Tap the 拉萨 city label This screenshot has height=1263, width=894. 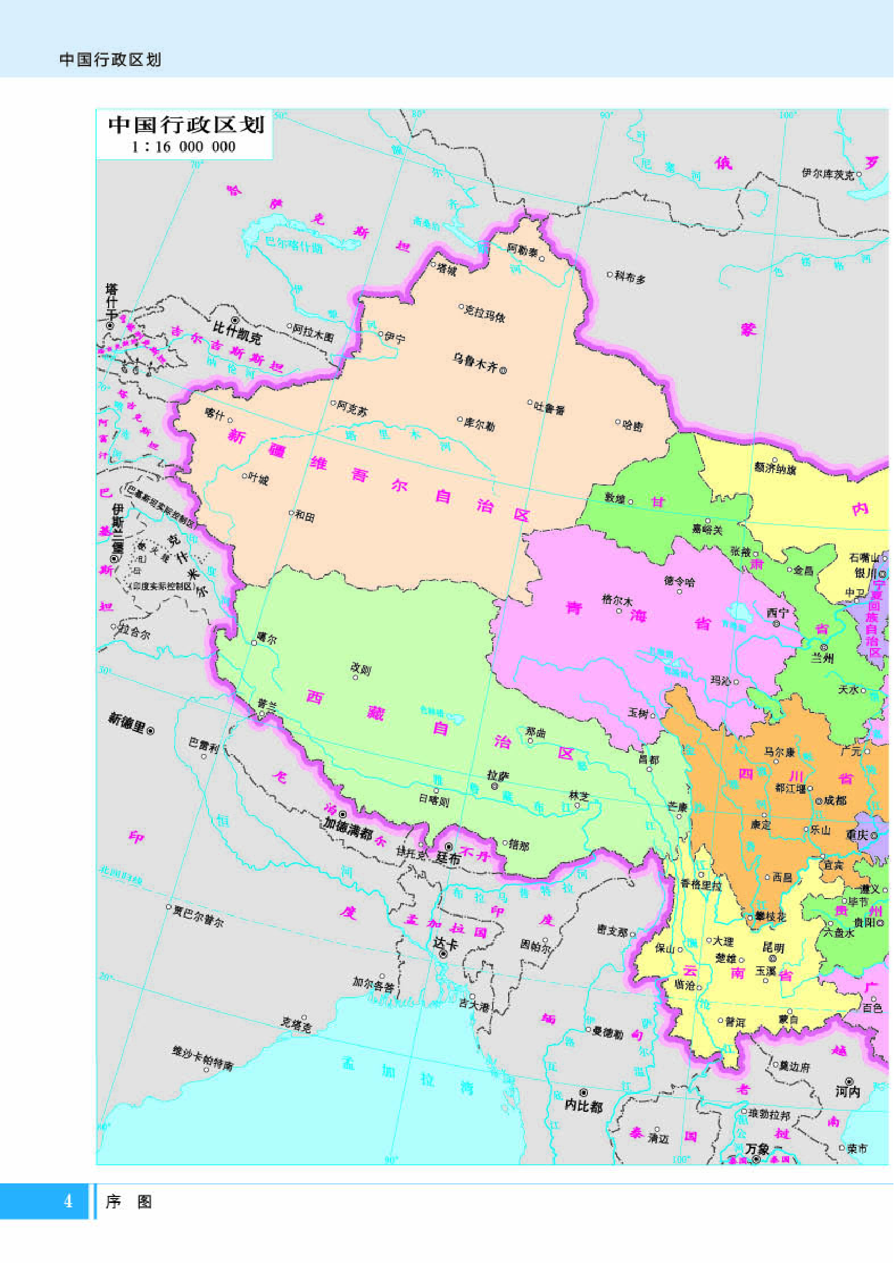[x=498, y=775]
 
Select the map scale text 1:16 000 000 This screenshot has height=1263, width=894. [x=183, y=146]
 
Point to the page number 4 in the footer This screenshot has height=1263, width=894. [x=68, y=1201]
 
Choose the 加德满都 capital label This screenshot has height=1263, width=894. [x=348, y=827]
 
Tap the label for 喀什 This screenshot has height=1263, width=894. [x=214, y=414]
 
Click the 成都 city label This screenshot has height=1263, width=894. [x=835, y=800]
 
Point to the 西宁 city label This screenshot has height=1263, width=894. [x=778, y=613]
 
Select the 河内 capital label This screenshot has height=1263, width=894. [x=848, y=1091]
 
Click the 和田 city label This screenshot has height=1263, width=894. [x=305, y=516]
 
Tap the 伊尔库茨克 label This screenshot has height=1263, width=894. [x=827, y=173]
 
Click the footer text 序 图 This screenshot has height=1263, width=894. [x=129, y=1201]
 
